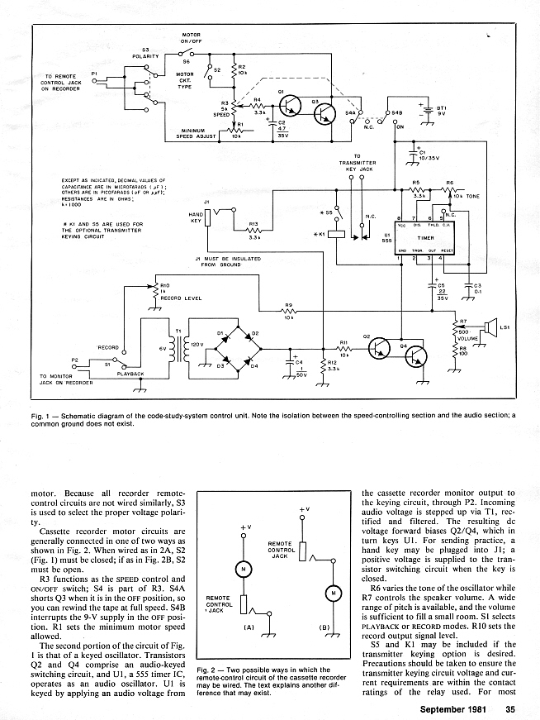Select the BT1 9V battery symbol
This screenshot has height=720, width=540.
tap(428, 112)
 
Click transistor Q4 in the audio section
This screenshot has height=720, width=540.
tap(414, 356)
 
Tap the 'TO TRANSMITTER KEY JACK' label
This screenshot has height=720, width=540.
tap(358, 162)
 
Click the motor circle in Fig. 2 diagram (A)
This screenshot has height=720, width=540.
tap(243, 569)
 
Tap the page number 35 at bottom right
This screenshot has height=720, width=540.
tap(511, 708)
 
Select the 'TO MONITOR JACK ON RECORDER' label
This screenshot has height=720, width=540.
tap(66, 380)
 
